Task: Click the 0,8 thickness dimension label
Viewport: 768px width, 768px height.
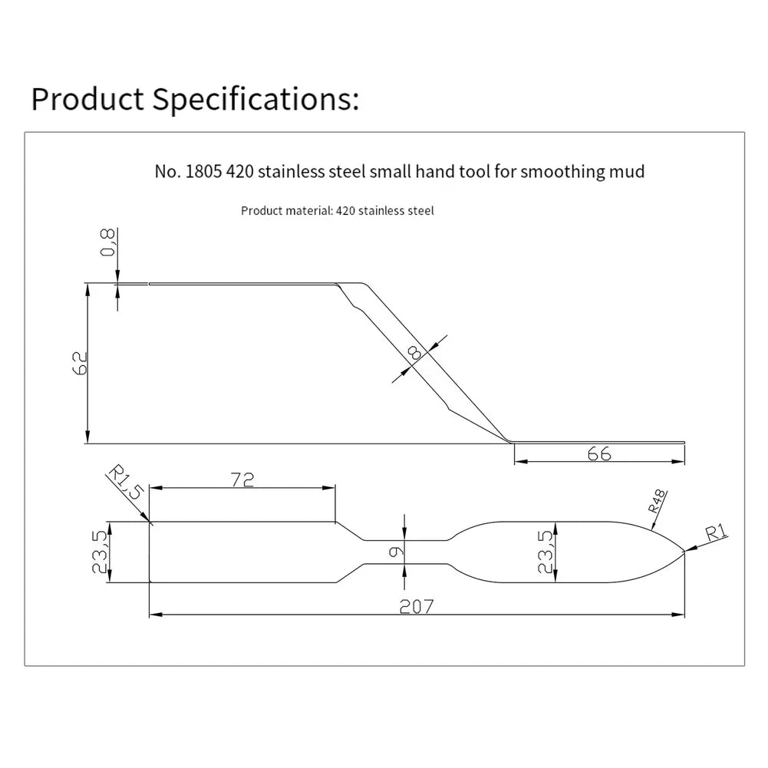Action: coord(107,242)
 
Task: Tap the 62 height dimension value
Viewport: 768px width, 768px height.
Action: coord(80,363)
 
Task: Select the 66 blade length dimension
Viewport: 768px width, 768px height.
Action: coord(599,454)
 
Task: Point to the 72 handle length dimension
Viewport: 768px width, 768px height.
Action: coord(242,480)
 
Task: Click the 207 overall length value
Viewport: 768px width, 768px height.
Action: coord(417,607)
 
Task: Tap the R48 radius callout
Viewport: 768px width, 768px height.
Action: coord(658,500)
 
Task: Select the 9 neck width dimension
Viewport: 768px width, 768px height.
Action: coord(396,552)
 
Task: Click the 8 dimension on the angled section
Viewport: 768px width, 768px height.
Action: coord(414,353)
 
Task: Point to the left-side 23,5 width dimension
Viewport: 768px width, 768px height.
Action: coord(100,552)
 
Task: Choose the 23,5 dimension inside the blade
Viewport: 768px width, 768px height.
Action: coord(546,552)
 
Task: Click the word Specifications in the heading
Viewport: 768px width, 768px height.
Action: coord(255,99)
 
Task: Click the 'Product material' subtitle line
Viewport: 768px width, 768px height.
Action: coord(338,211)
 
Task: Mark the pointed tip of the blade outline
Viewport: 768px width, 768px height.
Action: coord(684,552)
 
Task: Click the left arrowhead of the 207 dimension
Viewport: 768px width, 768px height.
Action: coord(156,615)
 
